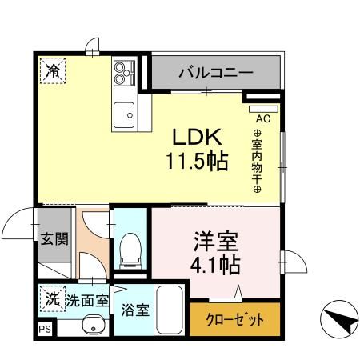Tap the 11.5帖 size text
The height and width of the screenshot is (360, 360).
tap(197, 161)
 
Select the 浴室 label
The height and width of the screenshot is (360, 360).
tap(134, 310)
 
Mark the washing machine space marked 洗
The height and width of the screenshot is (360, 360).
tap(51, 299)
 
